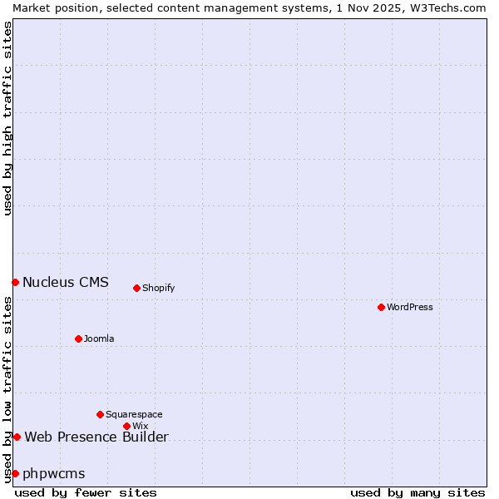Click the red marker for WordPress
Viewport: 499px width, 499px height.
tap(381, 307)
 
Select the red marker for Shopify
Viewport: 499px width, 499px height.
tap(136, 288)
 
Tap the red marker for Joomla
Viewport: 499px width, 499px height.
tap(78, 338)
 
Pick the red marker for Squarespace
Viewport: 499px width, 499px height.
tap(100, 414)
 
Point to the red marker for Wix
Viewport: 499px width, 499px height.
tap(126, 426)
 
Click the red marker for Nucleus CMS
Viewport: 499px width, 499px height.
tap(15, 282)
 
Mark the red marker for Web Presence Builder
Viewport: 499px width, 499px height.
tap(17, 437)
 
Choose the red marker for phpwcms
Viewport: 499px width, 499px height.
tap(15, 473)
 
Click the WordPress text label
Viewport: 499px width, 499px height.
tap(410, 307)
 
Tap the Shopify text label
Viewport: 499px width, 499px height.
tap(158, 288)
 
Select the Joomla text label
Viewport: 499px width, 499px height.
tap(99, 338)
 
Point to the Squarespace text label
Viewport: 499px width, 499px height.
tap(134, 414)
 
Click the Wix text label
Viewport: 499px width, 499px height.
tap(140, 426)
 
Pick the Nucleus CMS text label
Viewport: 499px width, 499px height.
tap(66, 282)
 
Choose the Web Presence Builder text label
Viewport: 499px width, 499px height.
tap(96, 437)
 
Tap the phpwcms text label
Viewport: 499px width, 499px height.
tap(54, 473)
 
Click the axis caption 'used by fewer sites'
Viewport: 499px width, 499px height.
tap(86, 492)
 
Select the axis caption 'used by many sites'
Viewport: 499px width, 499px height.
tap(417, 492)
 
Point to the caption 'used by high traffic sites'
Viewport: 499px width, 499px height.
tap(7, 118)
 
